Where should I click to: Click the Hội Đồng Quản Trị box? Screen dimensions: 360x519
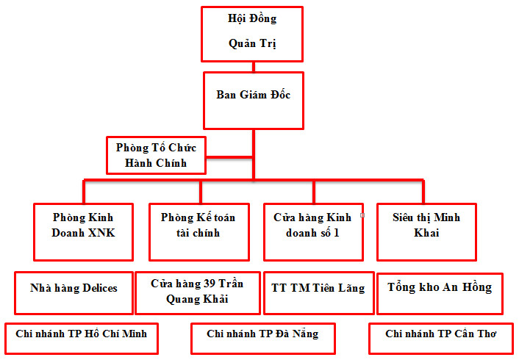tap(252, 34)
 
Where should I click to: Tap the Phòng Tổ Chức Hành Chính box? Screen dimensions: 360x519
tap(156, 154)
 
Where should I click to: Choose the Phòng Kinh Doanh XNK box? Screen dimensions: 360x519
tap(83, 231)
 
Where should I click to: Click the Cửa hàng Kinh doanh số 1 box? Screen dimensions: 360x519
tap(313, 231)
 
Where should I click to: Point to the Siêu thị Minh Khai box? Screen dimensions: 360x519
tap(426, 231)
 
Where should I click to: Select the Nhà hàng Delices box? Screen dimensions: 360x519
tap(74, 292)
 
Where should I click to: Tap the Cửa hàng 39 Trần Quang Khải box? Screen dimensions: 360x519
tap(197, 292)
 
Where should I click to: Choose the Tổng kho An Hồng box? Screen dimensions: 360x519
tap(440, 292)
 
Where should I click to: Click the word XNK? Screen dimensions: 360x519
tap(101, 234)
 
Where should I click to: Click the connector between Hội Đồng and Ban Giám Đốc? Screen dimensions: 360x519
tap(252, 67)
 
